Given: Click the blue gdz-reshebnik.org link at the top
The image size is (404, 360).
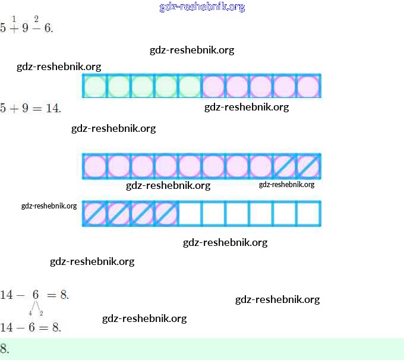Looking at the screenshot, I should pos(202,7).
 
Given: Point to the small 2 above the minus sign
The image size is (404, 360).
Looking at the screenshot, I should pos(36,19).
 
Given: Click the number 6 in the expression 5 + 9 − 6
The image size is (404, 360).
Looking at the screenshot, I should pos(48,28).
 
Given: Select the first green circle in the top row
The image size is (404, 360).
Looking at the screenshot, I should pos(94,86).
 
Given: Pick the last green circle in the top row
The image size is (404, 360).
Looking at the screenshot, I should pos(190,86).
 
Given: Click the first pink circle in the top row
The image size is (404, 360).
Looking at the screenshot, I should pos(213,86).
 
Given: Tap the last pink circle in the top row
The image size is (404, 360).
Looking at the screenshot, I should pos(308,86).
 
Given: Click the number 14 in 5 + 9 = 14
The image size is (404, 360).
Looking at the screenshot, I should pos(53,109).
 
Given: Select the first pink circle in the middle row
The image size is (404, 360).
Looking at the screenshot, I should pos(94,166).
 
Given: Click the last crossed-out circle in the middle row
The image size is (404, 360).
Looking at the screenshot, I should pos(308,166).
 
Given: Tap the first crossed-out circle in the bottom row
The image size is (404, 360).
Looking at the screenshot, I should pos(94,214).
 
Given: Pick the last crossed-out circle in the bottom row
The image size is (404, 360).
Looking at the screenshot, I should pos(166,214).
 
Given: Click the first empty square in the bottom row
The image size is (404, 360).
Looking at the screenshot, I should pos(190,214).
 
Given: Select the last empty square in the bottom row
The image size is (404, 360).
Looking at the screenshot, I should pos(308,214).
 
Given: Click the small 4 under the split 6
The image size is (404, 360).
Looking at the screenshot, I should pos(30,313).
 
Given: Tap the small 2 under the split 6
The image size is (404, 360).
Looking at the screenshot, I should pos(41,313).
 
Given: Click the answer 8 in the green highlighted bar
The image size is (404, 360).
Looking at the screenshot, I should pos(5,349).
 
